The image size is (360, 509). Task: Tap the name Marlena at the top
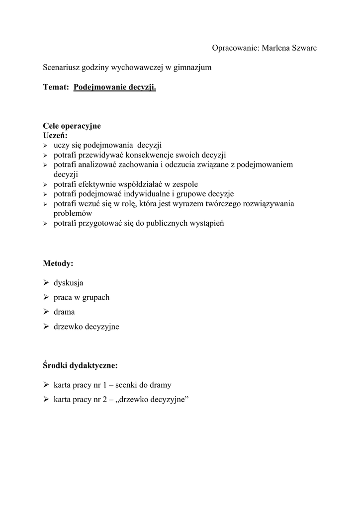[x=272, y=48]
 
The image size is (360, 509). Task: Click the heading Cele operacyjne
[x=72, y=126]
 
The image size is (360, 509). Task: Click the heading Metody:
[x=58, y=263]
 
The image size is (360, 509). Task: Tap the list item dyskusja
[x=68, y=283]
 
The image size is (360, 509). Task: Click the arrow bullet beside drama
[x=46, y=312]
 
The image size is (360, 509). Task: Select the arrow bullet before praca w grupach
[x=46, y=297]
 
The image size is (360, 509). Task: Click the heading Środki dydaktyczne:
[x=80, y=366]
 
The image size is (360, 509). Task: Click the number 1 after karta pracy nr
[x=105, y=385]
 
